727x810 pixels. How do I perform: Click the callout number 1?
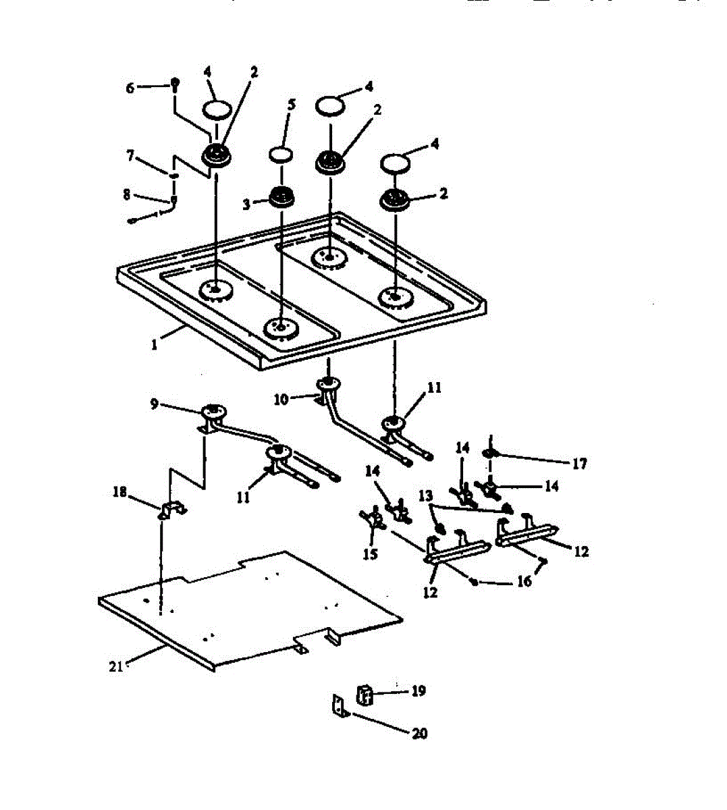coord(154,344)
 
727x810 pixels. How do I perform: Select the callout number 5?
coord(291,105)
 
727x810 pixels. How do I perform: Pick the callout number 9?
coord(155,404)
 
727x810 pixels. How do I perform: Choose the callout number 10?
coord(281,399)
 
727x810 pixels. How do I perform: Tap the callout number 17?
coord(580,464)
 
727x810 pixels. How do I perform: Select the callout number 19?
coord(419,691)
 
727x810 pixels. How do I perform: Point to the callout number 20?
coord(419,734)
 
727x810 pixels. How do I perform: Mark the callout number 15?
coord(371,554)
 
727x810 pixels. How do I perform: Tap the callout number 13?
coord(425,496)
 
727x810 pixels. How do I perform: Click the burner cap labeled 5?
coord(281,154)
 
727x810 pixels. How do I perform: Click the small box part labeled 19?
coord(365,694)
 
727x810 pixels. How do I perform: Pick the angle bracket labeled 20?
coord(340,707)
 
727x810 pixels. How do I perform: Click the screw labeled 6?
coord(175,84)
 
